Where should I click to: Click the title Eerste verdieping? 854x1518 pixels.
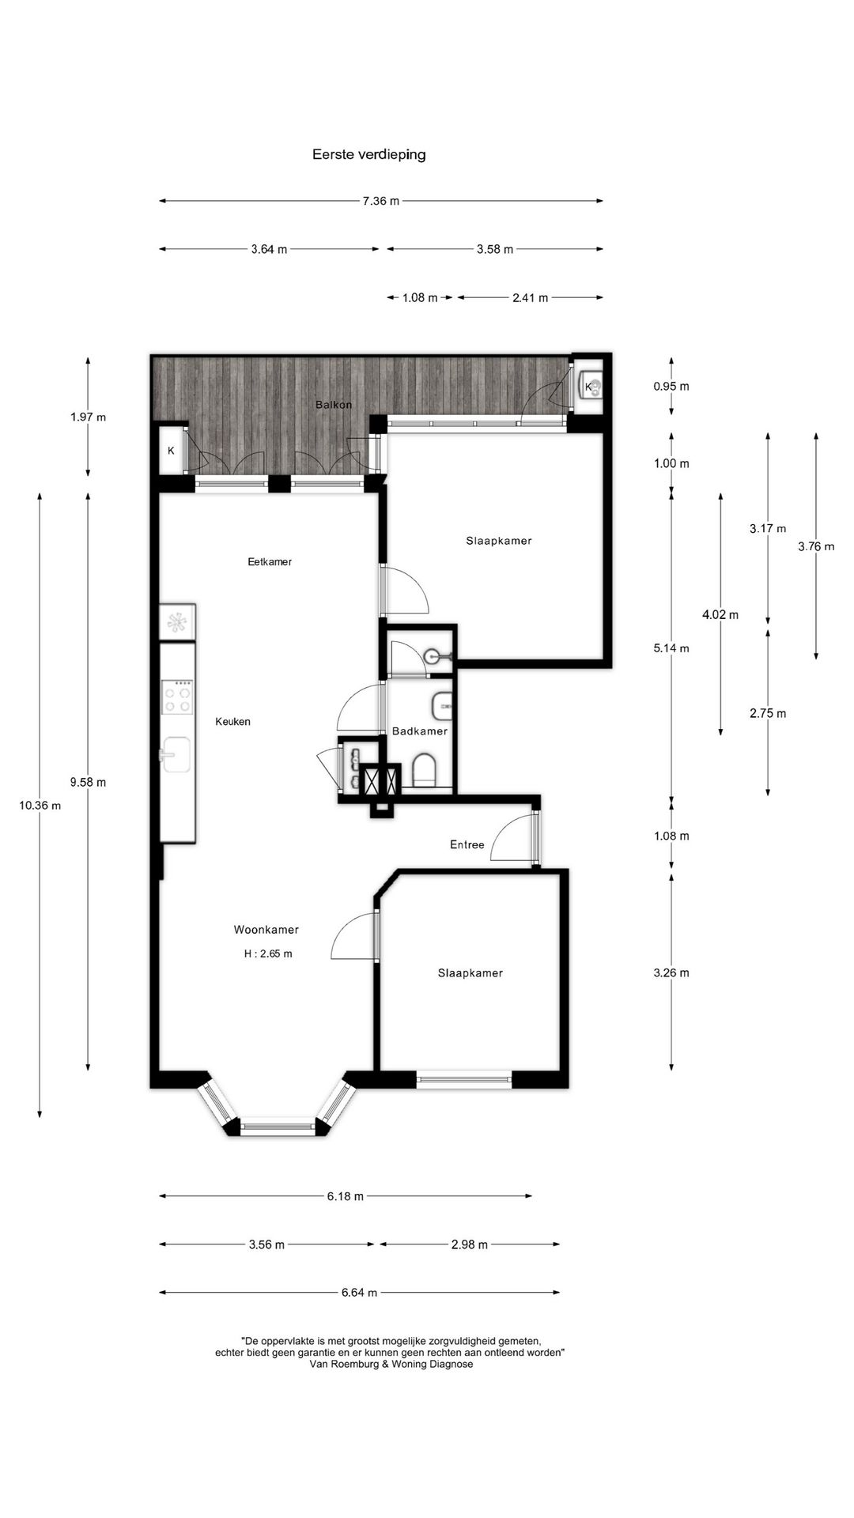pos(368,154)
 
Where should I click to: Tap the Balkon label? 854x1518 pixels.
pos(334,405)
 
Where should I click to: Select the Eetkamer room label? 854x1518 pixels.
pos(270,562)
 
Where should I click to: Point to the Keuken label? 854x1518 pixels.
pos(233,722)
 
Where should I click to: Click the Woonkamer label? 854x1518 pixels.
pos(266,930)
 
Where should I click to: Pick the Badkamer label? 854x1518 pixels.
pos(420,731)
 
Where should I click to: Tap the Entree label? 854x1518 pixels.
pos(467,845)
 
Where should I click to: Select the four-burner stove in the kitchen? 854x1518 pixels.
pos(177,697)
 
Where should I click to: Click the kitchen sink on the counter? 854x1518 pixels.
pos(176,754)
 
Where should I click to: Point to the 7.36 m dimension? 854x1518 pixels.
pos(381,201)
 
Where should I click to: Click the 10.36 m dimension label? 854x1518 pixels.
pos(40,806)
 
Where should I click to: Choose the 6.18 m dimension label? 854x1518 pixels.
pos(346,1196)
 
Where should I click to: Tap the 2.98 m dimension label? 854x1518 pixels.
pos(470,1244)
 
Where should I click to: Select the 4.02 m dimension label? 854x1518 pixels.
pos(720,614)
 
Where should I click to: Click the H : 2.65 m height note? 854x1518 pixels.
pos(268,953)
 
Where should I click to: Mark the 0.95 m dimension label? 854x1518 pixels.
pos(671,387)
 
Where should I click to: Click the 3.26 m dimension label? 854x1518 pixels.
pos(671,973)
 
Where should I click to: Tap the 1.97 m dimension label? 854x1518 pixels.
pos(88,417)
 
